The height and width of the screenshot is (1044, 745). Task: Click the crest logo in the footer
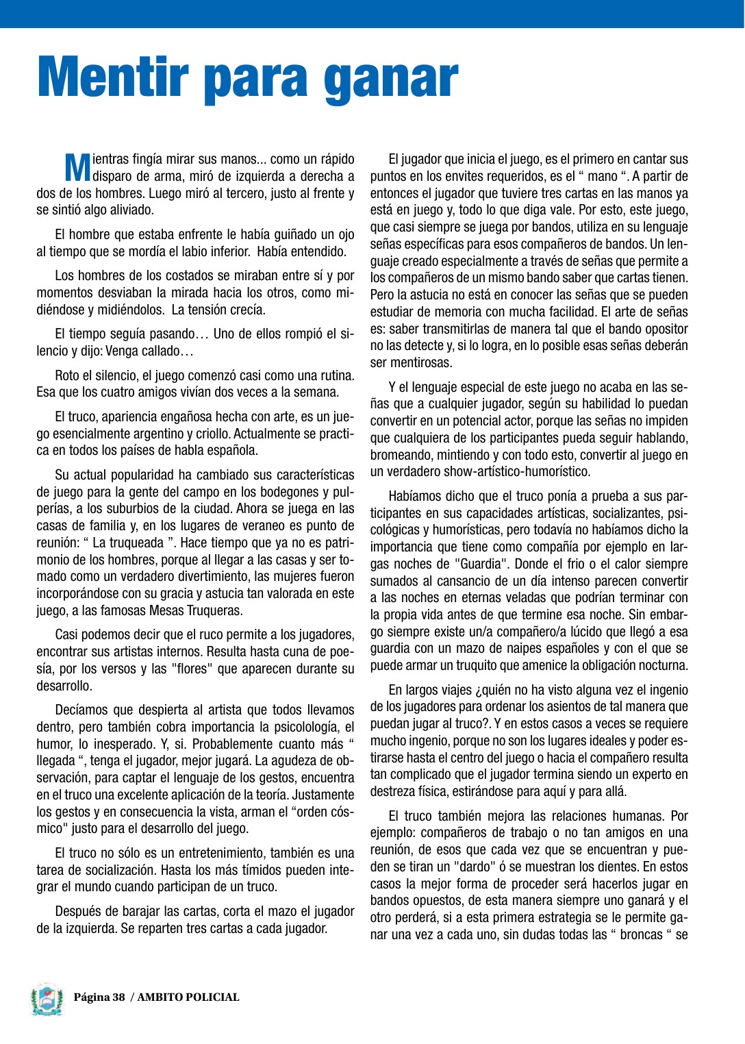tap(47, 998)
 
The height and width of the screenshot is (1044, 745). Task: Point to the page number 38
tap(118, 997)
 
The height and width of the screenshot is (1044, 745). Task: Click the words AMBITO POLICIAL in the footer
tap(188, 997)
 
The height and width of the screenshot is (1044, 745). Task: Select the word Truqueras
tap(211, 610)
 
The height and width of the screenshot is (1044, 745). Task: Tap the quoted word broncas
tap(643, 935)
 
